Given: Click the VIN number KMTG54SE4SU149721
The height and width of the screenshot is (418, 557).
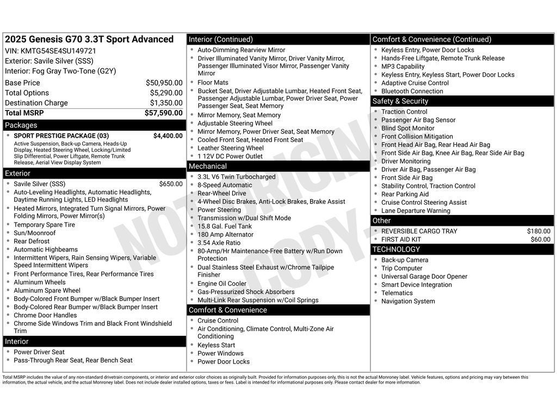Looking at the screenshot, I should (x=58, y=51).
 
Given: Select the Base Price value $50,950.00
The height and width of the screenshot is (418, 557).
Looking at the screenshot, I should (x=164, y=83).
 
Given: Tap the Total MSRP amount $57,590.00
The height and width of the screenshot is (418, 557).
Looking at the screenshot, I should (x=163, y=113).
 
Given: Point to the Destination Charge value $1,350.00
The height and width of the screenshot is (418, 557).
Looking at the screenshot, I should (x=166, y=103).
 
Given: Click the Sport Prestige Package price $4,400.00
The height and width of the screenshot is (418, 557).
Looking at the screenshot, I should (x=168, y=136).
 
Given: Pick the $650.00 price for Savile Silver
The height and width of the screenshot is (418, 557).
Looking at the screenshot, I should (x=171, y=184).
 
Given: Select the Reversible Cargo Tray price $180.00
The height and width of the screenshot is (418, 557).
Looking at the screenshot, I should (x=539, y=231).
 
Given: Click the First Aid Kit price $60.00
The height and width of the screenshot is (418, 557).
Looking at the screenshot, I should (x=540, y=239).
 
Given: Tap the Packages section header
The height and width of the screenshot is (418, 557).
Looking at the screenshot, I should (x=21, y=125).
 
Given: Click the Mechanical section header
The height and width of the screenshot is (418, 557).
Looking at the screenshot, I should (x=208, y=167).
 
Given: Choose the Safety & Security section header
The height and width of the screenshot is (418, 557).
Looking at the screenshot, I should (x=400, y=101).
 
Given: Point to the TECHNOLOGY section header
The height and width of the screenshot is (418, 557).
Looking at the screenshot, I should (x=396, y=249).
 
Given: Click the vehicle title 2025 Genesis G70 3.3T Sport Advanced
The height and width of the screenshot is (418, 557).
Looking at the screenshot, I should (x=89, y=39).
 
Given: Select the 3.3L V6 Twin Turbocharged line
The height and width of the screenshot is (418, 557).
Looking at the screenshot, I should (x=236, y=177).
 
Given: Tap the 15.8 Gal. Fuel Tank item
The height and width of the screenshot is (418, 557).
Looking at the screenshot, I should (x=225, y=226).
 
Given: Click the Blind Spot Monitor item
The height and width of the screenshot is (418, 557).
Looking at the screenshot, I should (x=407, y=128).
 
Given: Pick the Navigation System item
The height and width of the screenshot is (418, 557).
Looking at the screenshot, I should (x=408, y=302).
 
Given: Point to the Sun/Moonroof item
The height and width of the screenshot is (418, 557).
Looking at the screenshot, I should (x=35, y=233).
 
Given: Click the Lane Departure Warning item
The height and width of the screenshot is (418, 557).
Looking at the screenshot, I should (x=416, y=211).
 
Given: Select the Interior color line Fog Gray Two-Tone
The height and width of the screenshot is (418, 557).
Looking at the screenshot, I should (x=60, y=71).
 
